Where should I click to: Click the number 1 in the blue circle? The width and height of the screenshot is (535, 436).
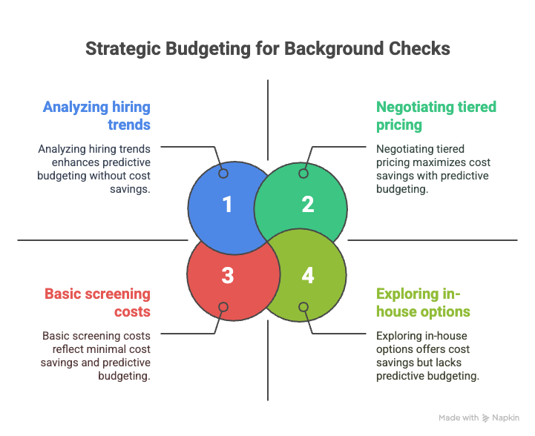pyautogui.click(x=228, y=205)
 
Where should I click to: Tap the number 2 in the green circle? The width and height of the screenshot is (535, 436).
pyautogui.click(x=308, y=205)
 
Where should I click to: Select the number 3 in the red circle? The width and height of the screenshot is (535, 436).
pyautogui.click(x=228, y=275)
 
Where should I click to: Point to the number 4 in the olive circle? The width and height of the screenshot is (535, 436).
pyautogui.click(x=308, y=275)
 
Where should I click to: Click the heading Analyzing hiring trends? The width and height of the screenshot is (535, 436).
pyautogui.click(x=96, y=116)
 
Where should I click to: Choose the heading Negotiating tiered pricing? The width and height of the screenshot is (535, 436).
pyautogui.click(x=436, y=116)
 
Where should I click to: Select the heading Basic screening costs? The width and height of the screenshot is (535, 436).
pyautogui.click(x=98, y=303)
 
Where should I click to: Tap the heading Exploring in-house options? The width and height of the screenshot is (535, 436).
pyautogui.click(x=423, y=303)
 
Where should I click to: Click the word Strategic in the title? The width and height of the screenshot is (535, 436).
pyautogui.click(x=123, y=49)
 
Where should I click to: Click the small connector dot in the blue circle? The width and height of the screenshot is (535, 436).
pyautogui.click(x=223, y=174)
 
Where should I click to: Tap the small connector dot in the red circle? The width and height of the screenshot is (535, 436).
pyautogui.click(x=223, y=307)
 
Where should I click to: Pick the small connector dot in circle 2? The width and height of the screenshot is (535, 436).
pyautogui.click(x=303, y=174)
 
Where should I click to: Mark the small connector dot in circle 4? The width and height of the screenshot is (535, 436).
pyautogui.click(x=303, y=307)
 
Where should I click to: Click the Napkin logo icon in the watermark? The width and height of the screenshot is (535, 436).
pyautogui.click(x=485, y=418)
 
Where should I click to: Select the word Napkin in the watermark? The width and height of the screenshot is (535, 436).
pyautogui.click(x=505, y=418)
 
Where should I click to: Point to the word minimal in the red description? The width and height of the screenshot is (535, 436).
pyautogui.click(x=106, y=349)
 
